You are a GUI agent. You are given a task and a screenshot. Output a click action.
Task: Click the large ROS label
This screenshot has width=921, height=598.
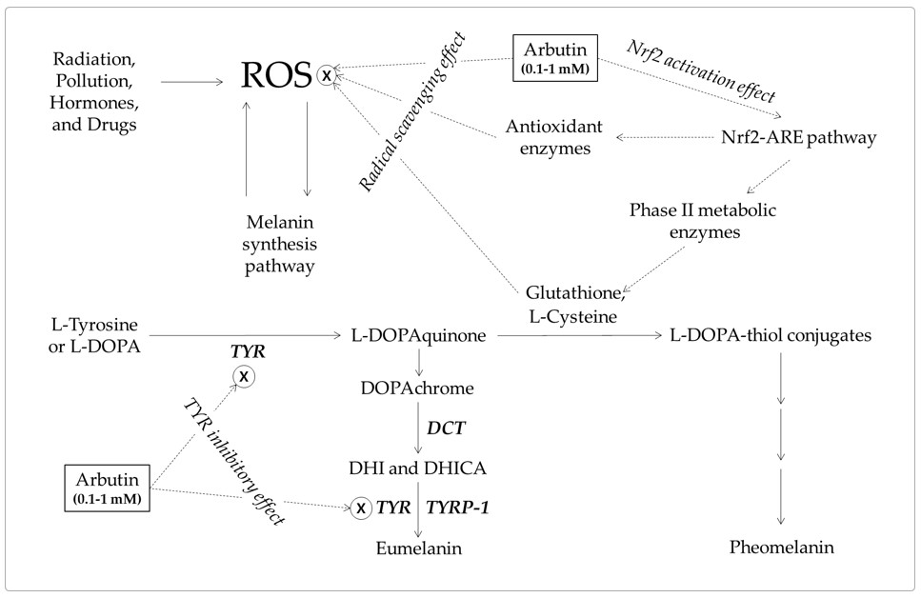277,77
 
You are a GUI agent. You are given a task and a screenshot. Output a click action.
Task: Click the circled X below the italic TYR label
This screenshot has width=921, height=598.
244,376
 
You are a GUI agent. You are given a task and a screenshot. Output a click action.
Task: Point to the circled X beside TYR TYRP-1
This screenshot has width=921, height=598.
361,509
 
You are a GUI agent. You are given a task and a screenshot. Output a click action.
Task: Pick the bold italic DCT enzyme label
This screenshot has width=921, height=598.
445,429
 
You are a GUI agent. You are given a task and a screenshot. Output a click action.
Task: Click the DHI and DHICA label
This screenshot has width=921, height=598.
418,468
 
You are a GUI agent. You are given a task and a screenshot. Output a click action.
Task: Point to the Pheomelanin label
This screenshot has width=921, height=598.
781,548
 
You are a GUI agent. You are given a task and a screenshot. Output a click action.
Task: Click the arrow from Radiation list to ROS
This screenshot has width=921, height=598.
191,84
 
